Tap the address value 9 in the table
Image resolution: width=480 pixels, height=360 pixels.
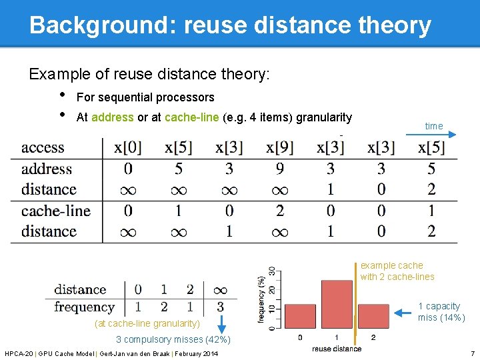(x=280, y=169)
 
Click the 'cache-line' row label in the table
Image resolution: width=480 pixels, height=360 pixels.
(x=55, y=211)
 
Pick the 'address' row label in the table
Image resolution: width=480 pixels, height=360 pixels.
(x=46, y=169)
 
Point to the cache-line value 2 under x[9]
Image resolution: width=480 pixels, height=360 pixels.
(x=280, y=211)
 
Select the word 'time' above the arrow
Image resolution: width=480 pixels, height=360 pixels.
(x=433, y=125)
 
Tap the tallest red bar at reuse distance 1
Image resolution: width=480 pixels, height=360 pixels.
(x=337, y=303)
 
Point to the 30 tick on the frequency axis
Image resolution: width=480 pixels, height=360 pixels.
(x=272, y=273)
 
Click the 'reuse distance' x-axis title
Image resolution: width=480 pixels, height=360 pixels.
(x=337, y=349)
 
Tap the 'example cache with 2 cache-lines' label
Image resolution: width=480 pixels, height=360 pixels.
(x=397, y=271)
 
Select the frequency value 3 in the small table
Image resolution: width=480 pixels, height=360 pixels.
(x=220, y=307)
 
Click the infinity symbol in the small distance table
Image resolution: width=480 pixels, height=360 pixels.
(x=220, y=289)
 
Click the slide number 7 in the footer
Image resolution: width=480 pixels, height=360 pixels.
(x=472, y=353)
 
